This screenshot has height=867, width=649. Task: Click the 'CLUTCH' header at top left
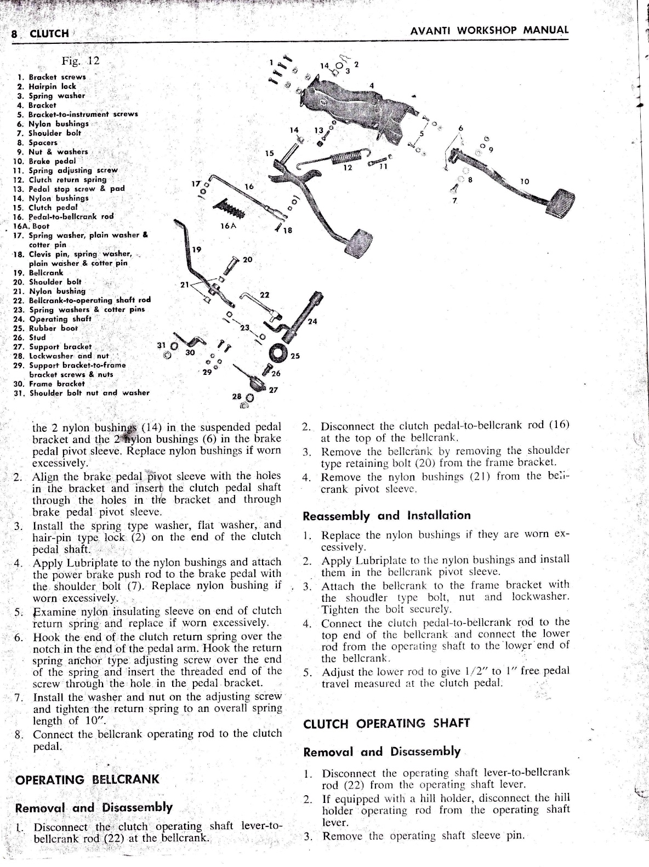pyautogui.click(x=49, y=34)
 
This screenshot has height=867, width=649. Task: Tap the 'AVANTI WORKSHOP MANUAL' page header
pyautogui.click(x=489, y=31)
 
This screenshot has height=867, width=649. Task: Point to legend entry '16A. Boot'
pyautogui.click(x=31, y=226)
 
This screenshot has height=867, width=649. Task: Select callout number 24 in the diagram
pyautogui.click(x=312, y=321)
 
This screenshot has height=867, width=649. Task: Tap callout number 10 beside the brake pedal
pyautogui.click(x=525, y=181)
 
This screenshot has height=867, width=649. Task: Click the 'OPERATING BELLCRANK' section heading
pyautogui.click(x=88, y=779)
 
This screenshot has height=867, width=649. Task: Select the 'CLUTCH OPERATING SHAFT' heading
pyautogui.click(x=386, y=723)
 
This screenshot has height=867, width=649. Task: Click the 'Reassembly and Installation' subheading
pyautogui.click(x=386, y=516)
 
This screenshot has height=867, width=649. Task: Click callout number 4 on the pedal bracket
pyautogui.click(x=371, y=85)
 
